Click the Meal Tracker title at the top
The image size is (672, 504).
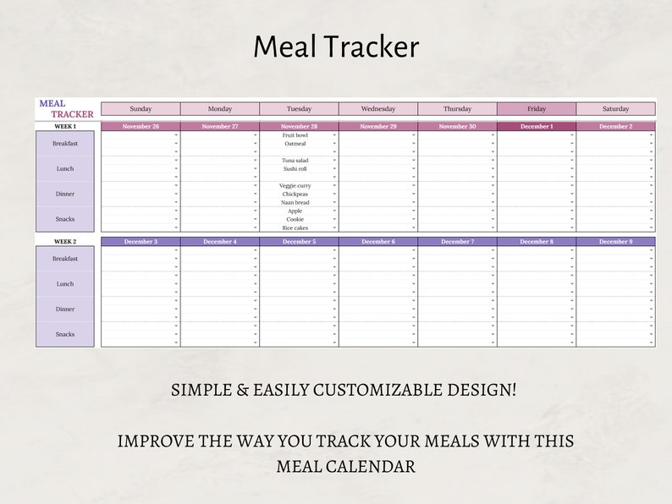(x=336, y=47)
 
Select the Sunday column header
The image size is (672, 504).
(x=140, y=109)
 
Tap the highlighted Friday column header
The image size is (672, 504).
(x=537, y=109)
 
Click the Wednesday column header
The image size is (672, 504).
(x=378, y=109)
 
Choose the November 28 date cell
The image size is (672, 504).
(x=299, y=127)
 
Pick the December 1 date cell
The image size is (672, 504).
(x=537, y=127)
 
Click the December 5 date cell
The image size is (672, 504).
(x=299, y=242)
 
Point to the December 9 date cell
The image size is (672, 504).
(x=615, y=242)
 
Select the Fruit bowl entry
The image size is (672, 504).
(x=295, y=135)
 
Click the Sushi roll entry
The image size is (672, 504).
(x=295, y=169)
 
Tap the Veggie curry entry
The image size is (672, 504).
(x=295, y=186)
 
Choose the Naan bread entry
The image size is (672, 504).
(x=295, y=203)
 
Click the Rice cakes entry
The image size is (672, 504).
(x=295, y=228)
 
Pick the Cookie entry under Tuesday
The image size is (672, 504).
(x=295, y=220)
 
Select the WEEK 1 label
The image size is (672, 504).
(x=65, y=127)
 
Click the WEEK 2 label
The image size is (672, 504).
(x=65, y=242)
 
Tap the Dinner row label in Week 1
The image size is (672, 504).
(x=65, y=194)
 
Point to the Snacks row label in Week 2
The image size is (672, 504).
(x=65, y=334)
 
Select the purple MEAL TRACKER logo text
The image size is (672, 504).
(x=66, y=109)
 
